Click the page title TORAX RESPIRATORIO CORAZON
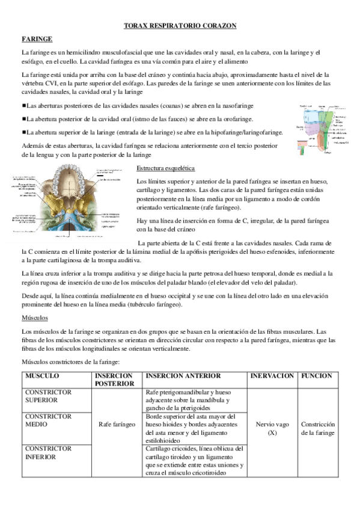point(180,26)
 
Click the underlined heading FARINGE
point(36,38)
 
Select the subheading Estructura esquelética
point(165,168)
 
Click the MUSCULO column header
point(41,375)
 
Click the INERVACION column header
point(272,375)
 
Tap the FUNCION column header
point(317,375)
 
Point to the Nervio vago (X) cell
point(272,428)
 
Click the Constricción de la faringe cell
point(317,428)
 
